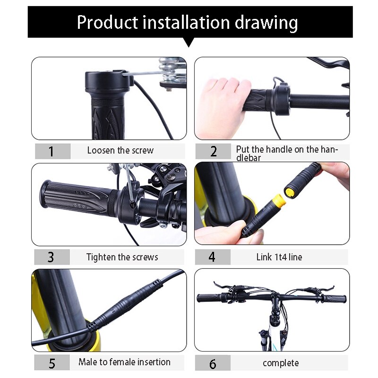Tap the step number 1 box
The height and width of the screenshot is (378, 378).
click(x=52, y=151)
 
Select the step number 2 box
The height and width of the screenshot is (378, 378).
click(x=213, y=151)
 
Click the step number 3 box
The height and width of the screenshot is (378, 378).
click(x=52, y=258)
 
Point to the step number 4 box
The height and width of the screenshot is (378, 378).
click(x=212, y=258)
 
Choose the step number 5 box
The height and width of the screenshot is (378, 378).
click(x=52, y=363)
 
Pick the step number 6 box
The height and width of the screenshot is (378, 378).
click(x=212, y=363)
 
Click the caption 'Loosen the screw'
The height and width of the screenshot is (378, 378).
click(x=120, y=151)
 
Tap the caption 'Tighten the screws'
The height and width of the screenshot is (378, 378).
click(x=122, y=258)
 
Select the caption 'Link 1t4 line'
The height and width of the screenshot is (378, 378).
click(x=279, y=258)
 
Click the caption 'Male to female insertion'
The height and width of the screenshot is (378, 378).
click(x=124, y=362)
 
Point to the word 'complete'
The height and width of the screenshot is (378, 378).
click(x=281, y=363)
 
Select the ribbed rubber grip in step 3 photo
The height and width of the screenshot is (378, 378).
click(x=76, y=196)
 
